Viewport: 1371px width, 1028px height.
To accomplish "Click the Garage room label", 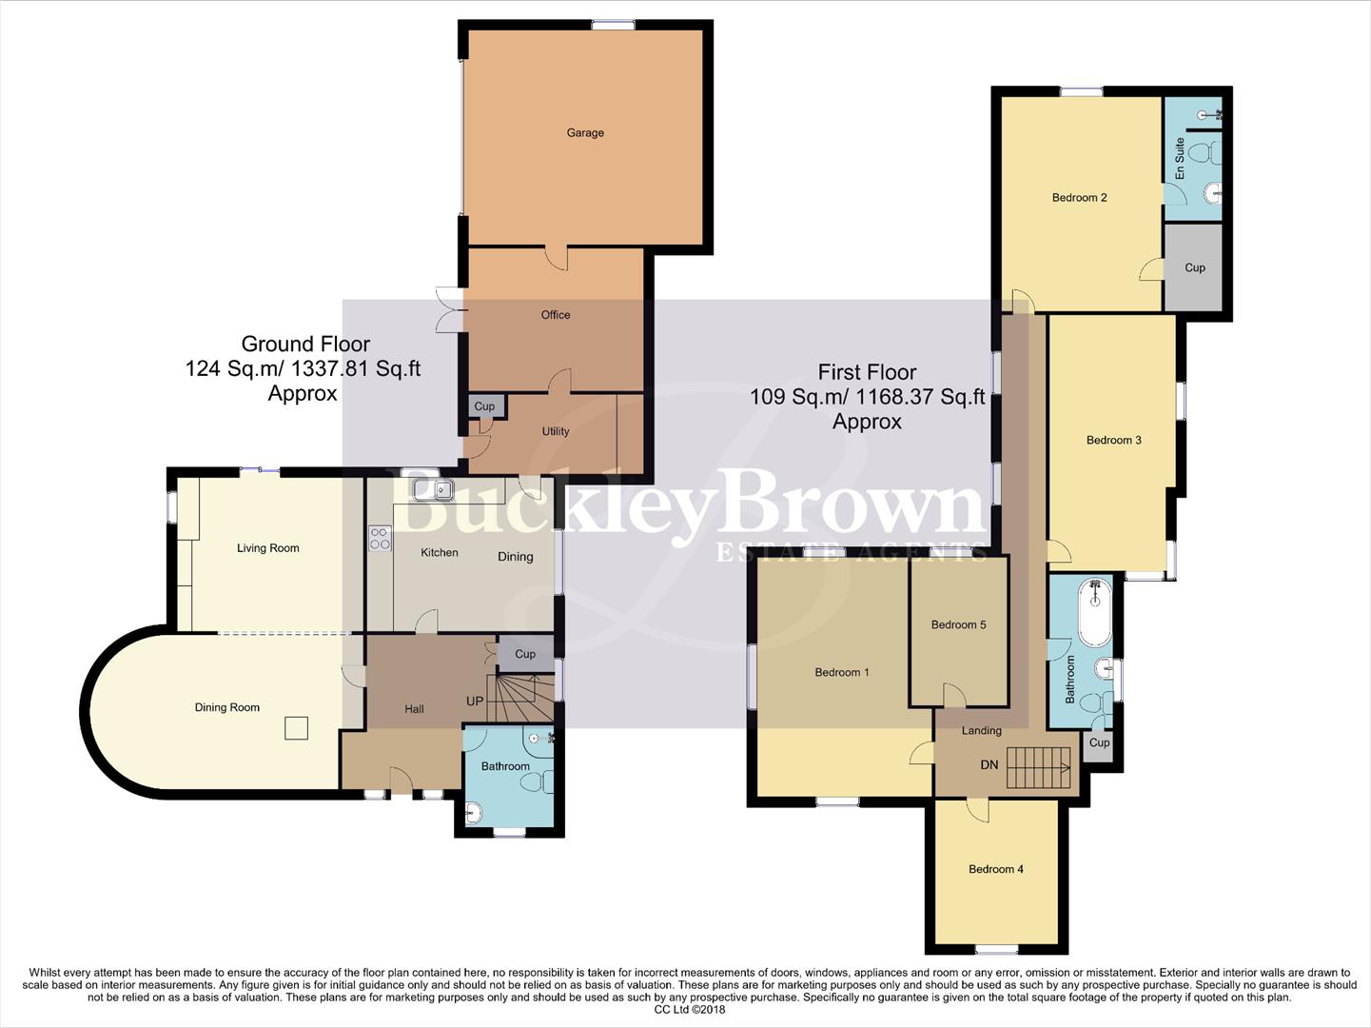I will [585, 133].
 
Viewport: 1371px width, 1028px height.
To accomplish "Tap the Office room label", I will [556, 315].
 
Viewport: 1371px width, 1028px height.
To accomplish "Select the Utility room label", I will [556, 431].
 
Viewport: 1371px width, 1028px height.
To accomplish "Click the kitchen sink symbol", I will [433, 490].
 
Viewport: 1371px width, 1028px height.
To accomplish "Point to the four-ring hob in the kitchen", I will [380, 539].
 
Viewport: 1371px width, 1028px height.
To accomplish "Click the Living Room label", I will [268, 548].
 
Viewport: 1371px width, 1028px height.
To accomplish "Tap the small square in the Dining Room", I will [297, 728].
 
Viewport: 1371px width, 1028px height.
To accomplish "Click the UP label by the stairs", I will [475, 702].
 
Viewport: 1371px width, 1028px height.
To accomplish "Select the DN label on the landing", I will [989, 765].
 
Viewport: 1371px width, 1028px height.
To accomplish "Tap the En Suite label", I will [1180, 159].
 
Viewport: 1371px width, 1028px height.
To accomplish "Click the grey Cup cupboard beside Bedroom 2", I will [1194, 267].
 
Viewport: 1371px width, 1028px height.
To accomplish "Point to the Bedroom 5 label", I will [958, 625].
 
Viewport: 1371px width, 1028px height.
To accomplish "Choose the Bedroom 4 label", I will [996, 869].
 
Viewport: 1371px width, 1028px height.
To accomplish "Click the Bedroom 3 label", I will [1113, 440].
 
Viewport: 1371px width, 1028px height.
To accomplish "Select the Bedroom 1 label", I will [842, 673].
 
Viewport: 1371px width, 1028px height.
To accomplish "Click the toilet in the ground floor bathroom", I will [534, 781].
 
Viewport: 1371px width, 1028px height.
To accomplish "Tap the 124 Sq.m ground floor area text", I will [303, 368].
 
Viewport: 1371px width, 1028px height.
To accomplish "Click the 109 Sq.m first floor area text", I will [867, 397].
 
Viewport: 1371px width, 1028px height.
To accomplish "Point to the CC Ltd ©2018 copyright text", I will [690, 1010].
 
